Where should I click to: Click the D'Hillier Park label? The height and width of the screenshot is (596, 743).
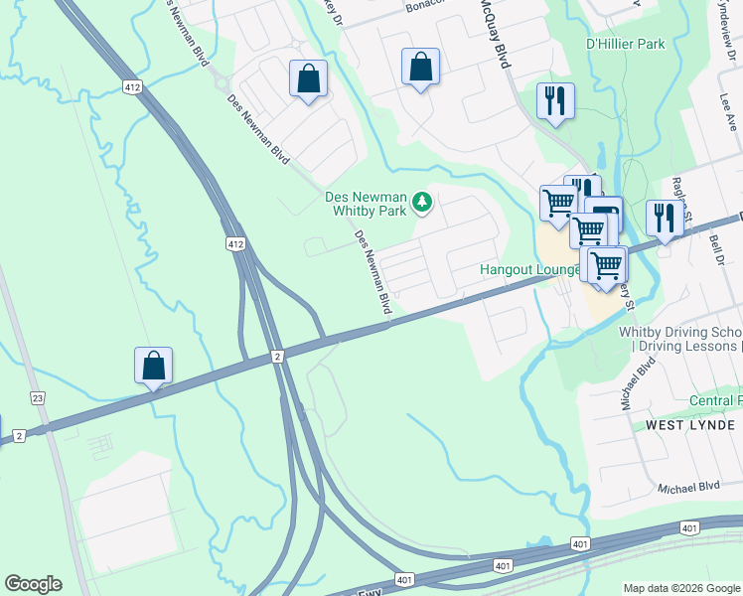[625, 45]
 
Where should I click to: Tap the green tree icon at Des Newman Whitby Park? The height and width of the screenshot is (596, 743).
[423, 203]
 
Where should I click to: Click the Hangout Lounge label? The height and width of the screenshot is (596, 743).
[529, 269]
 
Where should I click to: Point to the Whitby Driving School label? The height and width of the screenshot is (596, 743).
[679, 332]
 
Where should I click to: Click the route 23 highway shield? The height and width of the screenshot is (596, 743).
[38, 398]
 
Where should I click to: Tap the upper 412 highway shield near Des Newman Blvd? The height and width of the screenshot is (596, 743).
[133, 87]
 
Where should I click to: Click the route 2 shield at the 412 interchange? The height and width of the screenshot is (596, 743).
[277, 356]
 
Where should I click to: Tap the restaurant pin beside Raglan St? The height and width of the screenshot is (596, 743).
[664, 218]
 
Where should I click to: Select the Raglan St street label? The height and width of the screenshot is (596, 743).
[680, 190]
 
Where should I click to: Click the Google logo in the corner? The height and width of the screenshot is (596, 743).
[33, 584]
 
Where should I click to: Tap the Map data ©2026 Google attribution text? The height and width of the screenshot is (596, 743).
[680, 588]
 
